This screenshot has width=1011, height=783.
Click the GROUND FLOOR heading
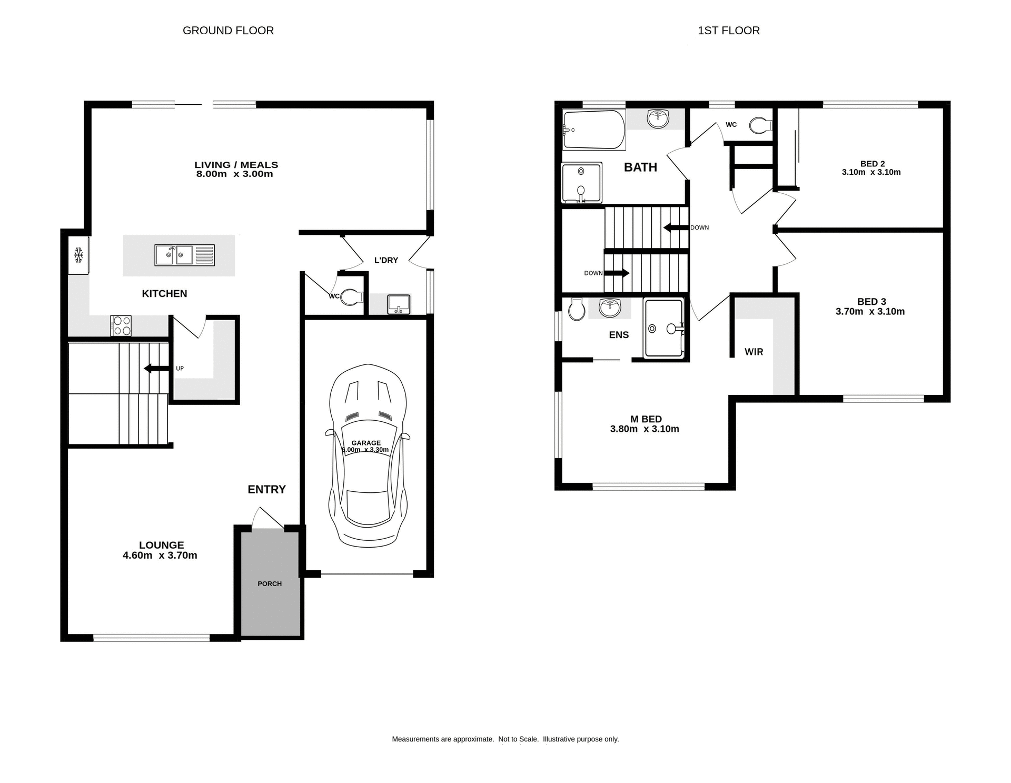[x=228, y=31]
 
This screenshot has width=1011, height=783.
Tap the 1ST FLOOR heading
[x=728, y=31]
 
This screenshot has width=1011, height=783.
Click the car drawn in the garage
[x=368, y=455]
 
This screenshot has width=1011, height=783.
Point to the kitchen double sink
[x=184, y=255]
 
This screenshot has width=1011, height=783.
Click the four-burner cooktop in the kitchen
[x=121, y=325]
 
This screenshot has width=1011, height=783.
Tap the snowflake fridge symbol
[x=78, y=255]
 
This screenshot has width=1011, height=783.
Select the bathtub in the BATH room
[x=593, y=130]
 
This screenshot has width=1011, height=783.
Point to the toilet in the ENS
[x=577, y=309]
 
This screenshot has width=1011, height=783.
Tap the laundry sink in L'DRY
[x=399, y=304]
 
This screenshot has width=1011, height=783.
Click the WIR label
[x=754, y=352]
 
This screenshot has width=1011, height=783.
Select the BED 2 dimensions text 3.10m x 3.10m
[x=871, y=172]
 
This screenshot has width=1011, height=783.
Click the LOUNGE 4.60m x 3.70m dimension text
[x=160, y=555]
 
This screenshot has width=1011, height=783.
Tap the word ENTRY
[x=266, y=489]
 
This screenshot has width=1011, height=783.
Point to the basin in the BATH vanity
[x=658, y=119]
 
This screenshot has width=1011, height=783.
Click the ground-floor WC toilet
[x=351, y=296]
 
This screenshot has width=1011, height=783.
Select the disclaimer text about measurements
[x=505, y=739]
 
